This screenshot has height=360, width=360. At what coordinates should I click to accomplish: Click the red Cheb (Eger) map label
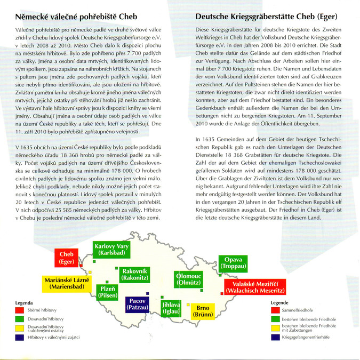67,258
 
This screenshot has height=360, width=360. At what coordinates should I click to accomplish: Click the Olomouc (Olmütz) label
188,279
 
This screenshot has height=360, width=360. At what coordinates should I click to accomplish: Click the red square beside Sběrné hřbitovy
20,310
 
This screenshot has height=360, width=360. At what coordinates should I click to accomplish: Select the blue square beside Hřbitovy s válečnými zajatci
20,337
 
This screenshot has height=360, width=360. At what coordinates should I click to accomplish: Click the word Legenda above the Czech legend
23,302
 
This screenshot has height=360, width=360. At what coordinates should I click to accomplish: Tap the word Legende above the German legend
279,302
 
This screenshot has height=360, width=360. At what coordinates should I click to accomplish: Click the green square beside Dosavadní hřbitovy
20,318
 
